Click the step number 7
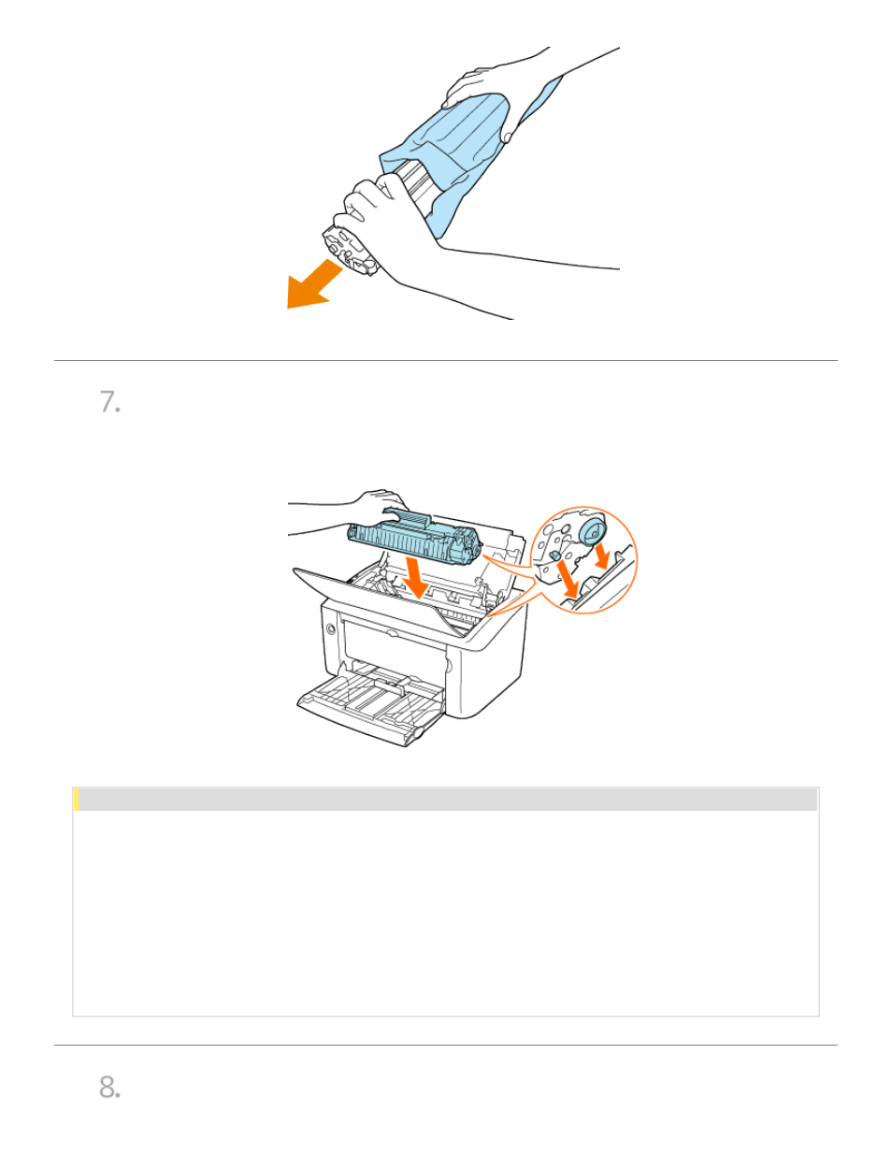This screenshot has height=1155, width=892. click(x=110, y=402)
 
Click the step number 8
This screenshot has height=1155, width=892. click(x=110, y=1087)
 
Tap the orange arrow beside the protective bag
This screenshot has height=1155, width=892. click(x=313, y=285)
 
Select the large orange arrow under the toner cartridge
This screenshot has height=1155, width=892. click(x=416, y=579)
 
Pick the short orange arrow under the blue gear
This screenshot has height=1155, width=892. click(x=602, y=555)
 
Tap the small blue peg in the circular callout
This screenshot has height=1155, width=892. click(x=554, y=555)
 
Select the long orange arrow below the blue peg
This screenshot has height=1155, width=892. click(x=568, y=579)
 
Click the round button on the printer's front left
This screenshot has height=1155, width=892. click(x=331, y=628)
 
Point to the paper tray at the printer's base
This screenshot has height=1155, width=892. click(x=370, y=702)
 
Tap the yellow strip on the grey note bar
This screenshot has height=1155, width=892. click(x=77, y=800)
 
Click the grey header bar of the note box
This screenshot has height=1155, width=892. click(x=446, y=800)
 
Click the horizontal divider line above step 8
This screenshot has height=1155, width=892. click(x=446, y=1045)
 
